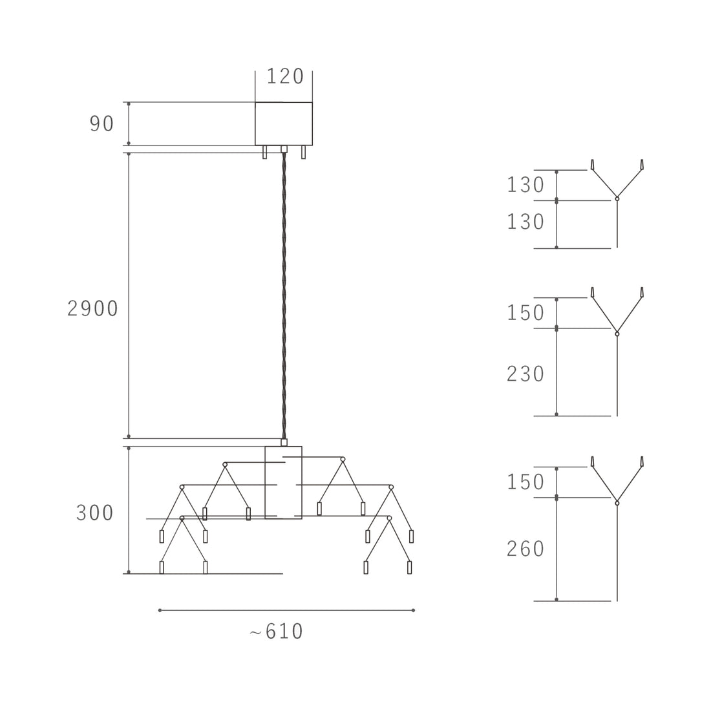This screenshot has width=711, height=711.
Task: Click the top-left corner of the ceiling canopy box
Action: pos(255,103)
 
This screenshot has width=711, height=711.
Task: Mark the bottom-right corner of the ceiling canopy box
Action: pos(312,145)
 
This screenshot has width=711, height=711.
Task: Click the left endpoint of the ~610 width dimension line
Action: pos(160,610)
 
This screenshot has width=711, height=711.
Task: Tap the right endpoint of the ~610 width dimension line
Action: pos(413,610)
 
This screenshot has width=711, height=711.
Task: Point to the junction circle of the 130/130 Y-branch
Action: pos(617,198)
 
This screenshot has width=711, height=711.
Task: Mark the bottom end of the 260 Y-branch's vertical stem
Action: pos(617,601)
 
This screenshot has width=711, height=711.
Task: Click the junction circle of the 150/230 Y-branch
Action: pos(617,334)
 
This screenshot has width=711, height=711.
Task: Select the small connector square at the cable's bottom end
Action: pos(284,443)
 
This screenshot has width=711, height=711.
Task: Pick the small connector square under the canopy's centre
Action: pos(284,149)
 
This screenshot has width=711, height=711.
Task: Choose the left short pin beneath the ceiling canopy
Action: pos(265,153)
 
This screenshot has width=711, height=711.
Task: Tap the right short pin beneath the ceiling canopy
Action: pos(303,153)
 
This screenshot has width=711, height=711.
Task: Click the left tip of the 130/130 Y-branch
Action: pos(592,160)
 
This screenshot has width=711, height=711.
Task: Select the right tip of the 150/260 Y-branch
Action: pos(642,457)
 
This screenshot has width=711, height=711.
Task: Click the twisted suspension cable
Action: pos(284,295)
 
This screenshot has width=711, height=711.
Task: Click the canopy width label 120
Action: pos(285,76)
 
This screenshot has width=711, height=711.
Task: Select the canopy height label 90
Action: pos(101,124)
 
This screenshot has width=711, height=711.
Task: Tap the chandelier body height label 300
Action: pos(95,513)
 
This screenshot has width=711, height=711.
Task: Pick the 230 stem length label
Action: pos(525,374)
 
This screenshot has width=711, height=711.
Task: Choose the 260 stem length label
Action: pos(525,549)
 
